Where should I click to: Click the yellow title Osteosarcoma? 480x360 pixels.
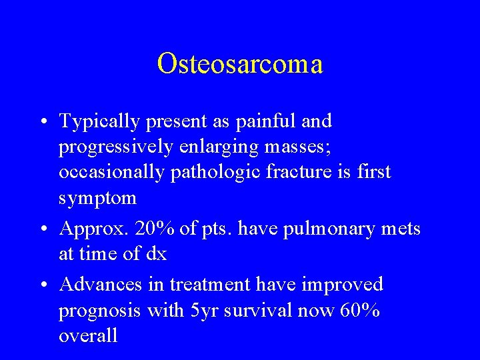(240, 64)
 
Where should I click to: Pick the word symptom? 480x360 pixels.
(97, 198)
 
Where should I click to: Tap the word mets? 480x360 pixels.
(399, 229)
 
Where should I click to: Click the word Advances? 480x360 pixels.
(100, 285)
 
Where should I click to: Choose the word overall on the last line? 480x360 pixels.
(88, 335)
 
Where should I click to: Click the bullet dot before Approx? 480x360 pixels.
(43, 229)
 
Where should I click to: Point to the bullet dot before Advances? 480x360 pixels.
(43, 285)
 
